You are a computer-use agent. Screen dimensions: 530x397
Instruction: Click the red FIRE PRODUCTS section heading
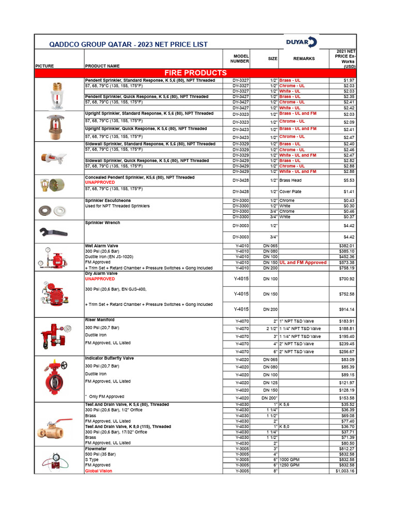point(195,73)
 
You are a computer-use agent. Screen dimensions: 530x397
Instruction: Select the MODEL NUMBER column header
point(241,58)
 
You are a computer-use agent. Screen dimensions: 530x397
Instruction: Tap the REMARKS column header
point(303,58)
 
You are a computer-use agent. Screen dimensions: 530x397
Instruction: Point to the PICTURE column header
point(44,66)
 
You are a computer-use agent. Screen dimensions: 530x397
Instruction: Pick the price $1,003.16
point(345,471)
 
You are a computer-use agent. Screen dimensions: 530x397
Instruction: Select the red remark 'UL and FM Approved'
point(303,262)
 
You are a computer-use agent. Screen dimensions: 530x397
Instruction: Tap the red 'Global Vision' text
point(98,471)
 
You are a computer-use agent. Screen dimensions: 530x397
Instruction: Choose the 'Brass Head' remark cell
point(291,180)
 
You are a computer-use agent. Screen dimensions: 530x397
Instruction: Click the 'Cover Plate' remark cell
point(291,192)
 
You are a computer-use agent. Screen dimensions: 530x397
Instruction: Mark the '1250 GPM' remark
point(290,465)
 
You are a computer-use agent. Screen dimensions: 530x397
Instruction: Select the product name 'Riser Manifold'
point(99,320)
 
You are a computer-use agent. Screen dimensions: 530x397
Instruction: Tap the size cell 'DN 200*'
point(270,397)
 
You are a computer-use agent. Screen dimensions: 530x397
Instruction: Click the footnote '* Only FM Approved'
point(104,396)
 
